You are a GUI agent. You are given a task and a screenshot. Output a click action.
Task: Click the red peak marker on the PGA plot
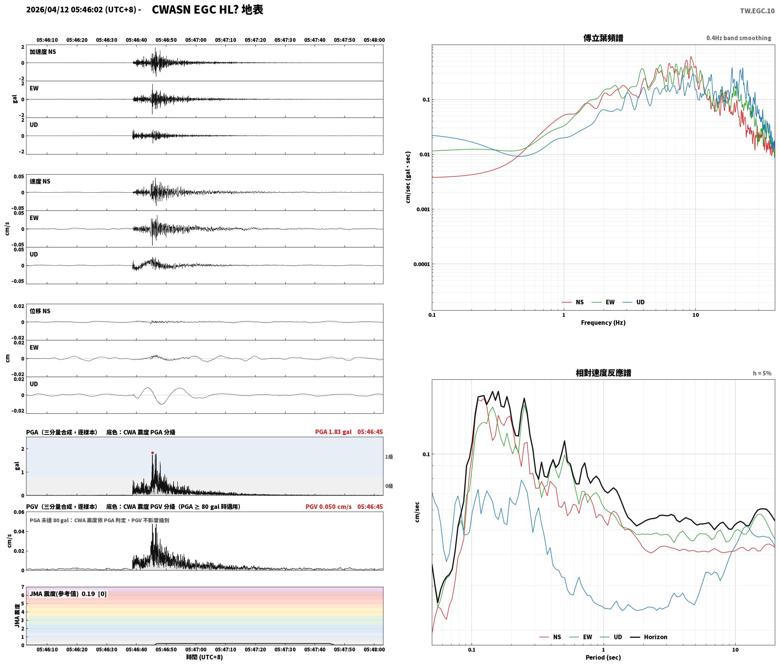(x=153, y=453)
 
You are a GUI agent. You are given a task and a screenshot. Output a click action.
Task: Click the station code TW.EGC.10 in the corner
(x=757, y=11)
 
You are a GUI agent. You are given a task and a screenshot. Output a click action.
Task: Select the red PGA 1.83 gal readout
(x=333, y=432)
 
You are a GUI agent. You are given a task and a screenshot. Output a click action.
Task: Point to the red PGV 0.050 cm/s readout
(x=328, y=507)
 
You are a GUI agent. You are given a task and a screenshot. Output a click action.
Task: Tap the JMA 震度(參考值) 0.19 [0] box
(x=68, y=594)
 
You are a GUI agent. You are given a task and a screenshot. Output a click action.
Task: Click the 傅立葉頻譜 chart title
(x=603, y=38)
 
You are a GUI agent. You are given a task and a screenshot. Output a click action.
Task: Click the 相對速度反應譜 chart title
(x=603, y=373)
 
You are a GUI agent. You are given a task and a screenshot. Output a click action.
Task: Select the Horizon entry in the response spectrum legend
(x=649, y=637)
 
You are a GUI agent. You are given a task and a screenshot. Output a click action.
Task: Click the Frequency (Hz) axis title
(x=603, y=323)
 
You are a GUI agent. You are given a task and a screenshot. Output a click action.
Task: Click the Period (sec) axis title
(x=603, y=657)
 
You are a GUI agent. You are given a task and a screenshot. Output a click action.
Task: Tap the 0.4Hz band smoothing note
(x=739, y=38)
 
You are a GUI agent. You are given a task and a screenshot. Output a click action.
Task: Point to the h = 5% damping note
(x=762, y=373)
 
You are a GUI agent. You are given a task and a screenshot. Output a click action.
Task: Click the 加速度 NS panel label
(x=43, y=52)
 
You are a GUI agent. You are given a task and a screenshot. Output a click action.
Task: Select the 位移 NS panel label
(x=40, y=311)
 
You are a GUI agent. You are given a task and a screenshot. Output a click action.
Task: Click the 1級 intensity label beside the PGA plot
(x=389, y=457)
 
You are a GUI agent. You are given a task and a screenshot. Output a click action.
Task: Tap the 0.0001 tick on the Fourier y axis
(x=422, y=264)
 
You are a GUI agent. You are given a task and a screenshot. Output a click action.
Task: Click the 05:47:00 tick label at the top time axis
(x=196, y=40)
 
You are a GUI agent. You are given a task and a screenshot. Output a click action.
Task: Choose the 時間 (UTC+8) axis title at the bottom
(x=205, y=657)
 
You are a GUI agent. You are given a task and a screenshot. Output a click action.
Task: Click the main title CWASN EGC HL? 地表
(x=207, y=10)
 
